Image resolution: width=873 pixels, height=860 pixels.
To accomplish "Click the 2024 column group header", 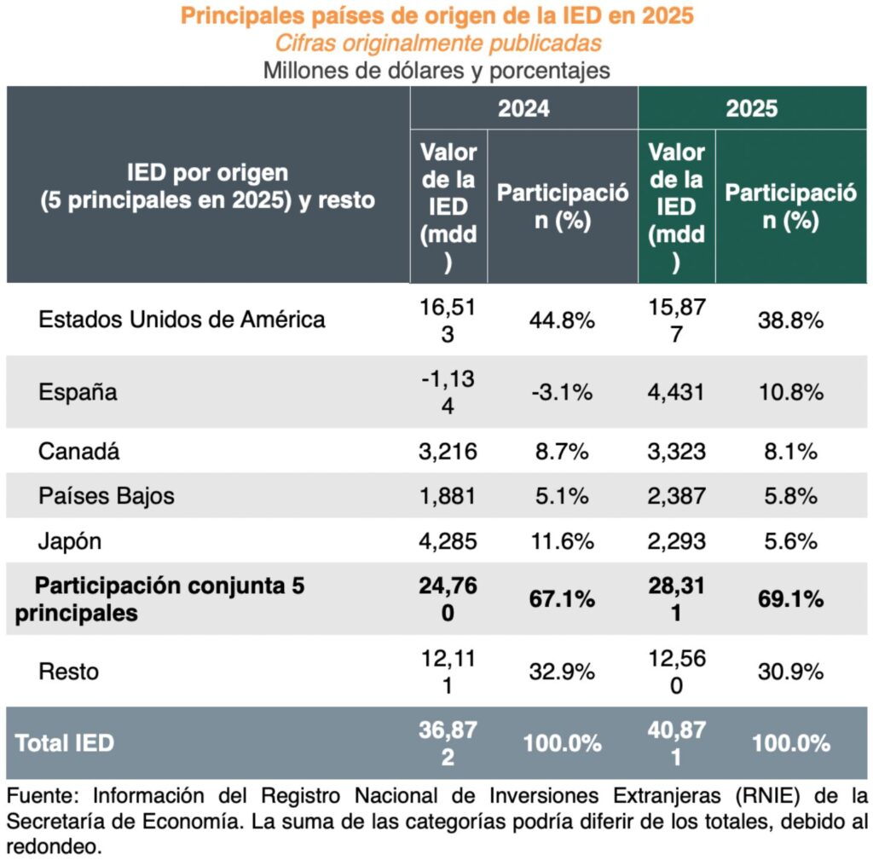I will point(523,108).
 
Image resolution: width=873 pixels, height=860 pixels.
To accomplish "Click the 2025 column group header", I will point(752,108).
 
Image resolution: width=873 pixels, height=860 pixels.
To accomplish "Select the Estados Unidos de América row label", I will point(182,320).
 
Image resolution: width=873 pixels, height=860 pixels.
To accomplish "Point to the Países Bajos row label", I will point(107,496).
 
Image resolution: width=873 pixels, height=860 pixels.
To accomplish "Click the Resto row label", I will point(69,671).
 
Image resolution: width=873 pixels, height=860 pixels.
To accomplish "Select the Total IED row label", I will point(64,742).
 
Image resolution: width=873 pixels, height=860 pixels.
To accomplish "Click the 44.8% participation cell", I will point(562,320).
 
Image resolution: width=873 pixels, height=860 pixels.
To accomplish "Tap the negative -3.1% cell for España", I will point(562,393).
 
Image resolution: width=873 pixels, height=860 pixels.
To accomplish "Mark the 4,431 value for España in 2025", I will point(676,393).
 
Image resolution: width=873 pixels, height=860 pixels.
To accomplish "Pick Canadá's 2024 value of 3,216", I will point(448,451).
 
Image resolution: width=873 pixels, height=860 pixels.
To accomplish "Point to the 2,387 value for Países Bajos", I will point(676,496).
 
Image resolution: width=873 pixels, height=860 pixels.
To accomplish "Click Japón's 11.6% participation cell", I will point(562,541).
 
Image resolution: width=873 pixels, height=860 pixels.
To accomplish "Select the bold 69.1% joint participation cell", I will point(790,599).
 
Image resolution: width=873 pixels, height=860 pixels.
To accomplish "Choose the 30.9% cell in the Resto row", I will point(790,672).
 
